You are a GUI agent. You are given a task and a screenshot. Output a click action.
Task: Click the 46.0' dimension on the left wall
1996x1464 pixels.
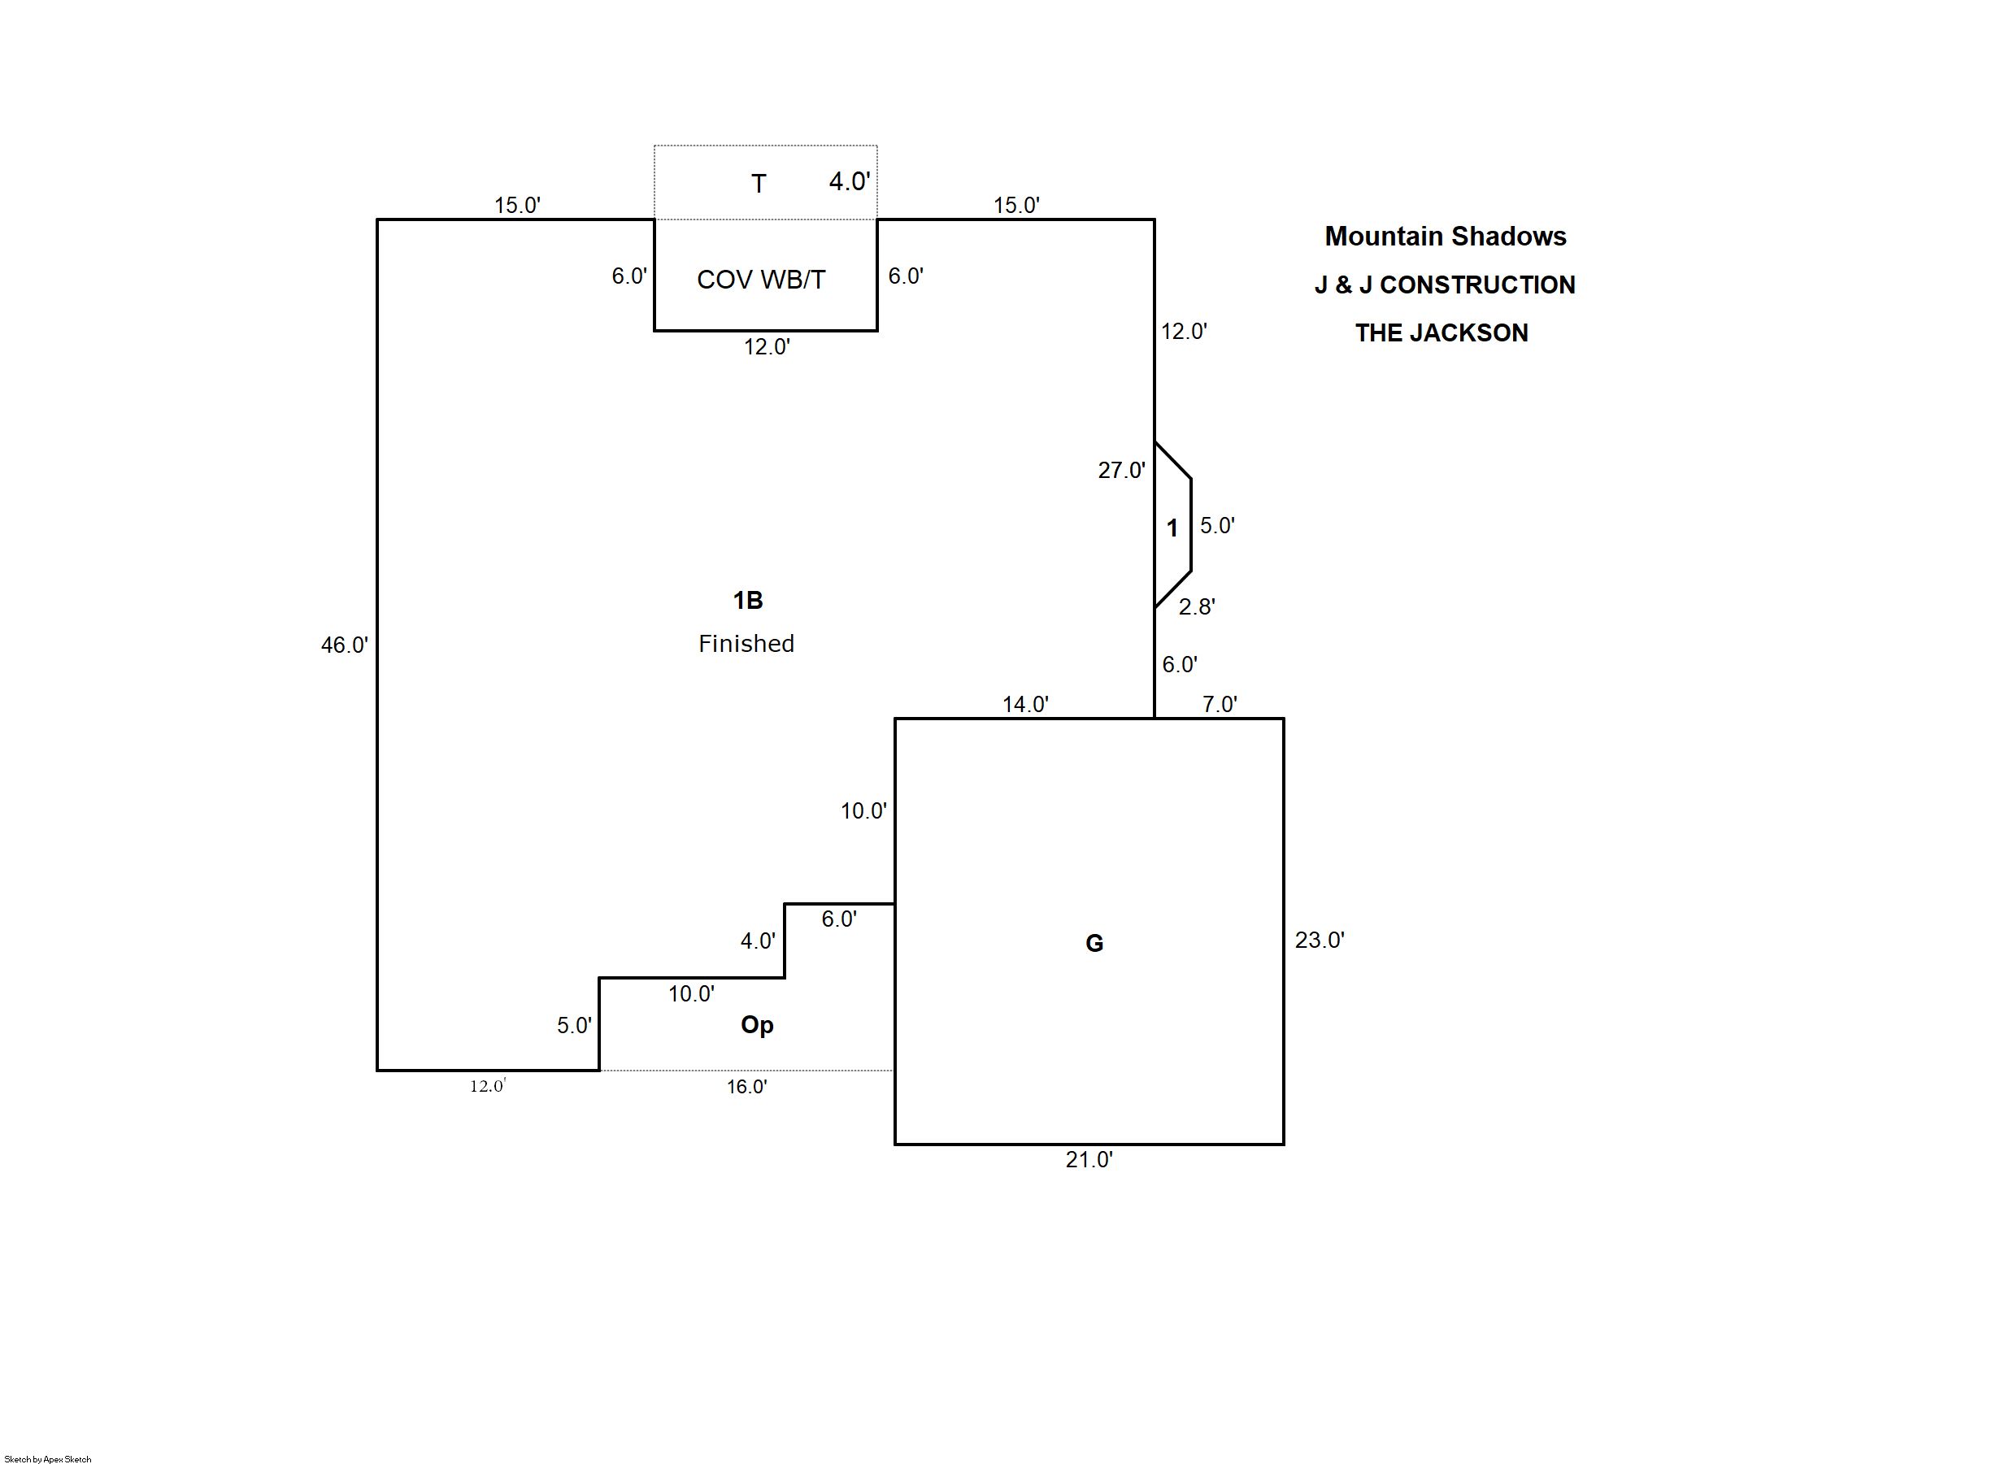coord(344,645)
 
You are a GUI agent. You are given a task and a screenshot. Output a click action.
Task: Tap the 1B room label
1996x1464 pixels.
coord(747,601)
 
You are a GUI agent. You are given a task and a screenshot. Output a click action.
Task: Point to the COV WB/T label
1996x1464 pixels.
coord(760,280)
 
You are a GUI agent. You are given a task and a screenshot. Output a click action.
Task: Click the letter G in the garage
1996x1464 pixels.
coord(1094,944)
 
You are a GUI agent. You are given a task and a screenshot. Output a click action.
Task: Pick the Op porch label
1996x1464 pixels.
coord(757,1025)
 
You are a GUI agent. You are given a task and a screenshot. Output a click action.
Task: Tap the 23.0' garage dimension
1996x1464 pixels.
coord(1319,941)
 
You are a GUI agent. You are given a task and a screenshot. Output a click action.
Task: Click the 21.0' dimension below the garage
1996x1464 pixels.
coord(1089,1160)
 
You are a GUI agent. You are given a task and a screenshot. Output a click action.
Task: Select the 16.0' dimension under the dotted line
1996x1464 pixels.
coord(746,1087)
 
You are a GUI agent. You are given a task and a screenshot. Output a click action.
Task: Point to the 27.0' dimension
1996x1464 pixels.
coord(1121,471)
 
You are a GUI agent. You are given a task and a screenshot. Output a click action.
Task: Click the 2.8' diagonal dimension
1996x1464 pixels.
coord(1197,607)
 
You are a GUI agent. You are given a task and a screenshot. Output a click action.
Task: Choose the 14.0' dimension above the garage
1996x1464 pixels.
coord(1025,705)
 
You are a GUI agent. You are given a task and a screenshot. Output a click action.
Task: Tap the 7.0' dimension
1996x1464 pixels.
coord(1220,705)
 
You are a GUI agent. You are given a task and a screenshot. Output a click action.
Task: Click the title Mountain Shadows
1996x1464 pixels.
coord(1445,237)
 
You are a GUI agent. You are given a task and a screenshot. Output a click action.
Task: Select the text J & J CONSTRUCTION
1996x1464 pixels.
coord(1445,285)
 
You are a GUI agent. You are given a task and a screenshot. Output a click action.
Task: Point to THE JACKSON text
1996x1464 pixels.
coord(1442,333)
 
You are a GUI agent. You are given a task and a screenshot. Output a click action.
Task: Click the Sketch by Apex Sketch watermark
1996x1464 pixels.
coord(48,1458)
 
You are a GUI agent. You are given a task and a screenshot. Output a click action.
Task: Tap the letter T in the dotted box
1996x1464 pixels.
coord(759,184)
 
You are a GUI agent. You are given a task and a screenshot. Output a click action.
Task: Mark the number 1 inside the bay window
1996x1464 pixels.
coord(1172,528)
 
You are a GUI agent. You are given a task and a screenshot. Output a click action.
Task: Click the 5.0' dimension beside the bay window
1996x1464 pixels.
coord(1217,525)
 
